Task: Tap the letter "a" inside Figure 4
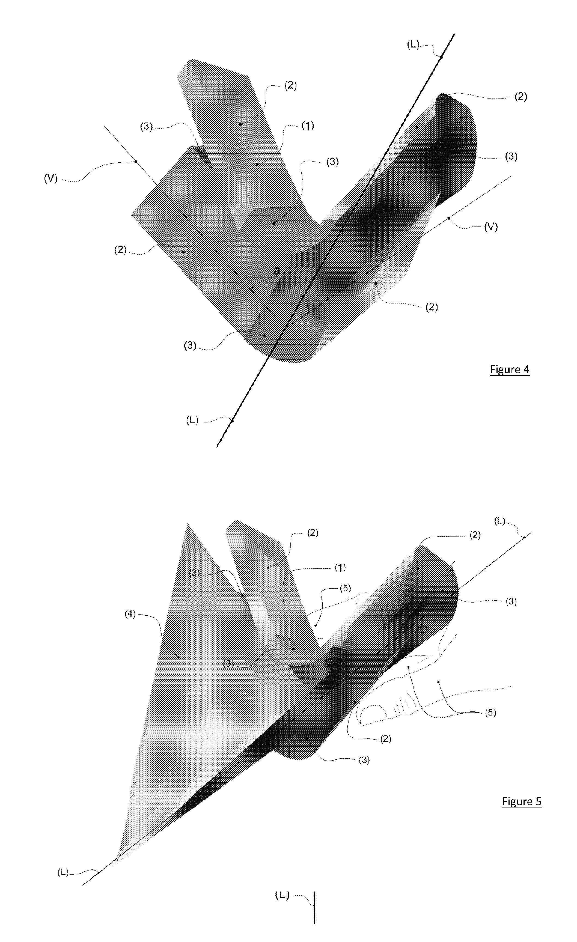276,271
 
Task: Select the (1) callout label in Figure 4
308,126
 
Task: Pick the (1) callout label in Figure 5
340,567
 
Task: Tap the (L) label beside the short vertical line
282,895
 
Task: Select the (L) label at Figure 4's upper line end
413,45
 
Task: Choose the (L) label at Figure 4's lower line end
192,420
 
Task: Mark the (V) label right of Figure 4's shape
491,227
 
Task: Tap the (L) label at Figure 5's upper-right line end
500,521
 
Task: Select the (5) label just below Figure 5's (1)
345,588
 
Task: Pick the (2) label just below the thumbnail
385,739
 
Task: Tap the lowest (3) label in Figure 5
364,761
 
